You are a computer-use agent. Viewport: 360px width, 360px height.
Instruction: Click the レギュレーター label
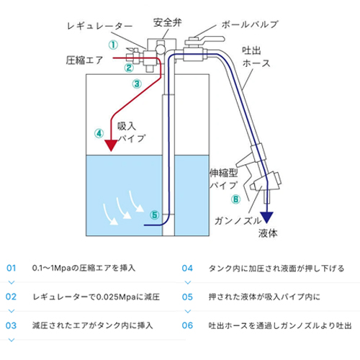(100, 26)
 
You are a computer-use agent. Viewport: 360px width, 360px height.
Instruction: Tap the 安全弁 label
(168, 23)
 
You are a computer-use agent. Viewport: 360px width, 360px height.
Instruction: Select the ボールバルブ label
(250, 24)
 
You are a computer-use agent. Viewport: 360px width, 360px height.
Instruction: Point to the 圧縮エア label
(84, 60)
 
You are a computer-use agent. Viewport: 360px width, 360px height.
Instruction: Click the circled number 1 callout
(113, 45)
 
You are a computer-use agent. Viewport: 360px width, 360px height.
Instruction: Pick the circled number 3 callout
(137, 84)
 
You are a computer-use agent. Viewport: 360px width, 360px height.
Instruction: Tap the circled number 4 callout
(99, 133)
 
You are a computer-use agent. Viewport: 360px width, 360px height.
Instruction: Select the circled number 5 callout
(154, 215)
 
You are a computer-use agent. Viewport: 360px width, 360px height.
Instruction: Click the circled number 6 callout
(235, 199)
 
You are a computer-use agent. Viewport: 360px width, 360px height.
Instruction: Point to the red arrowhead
(111, 145)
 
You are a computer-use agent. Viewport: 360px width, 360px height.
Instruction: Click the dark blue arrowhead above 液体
(267, 217)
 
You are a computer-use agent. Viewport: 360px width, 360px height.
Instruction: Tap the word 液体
(268, 233)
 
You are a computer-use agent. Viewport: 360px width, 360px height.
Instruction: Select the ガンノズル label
(238, 221)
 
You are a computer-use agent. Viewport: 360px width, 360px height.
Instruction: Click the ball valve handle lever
(210, 40)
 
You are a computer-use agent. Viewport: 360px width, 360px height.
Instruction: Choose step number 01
(12, 268)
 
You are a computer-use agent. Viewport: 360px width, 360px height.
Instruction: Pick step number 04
(187, 268)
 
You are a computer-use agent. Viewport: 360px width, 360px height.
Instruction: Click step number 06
(187, 325)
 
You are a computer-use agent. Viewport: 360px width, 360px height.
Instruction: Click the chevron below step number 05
(188, 311)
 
